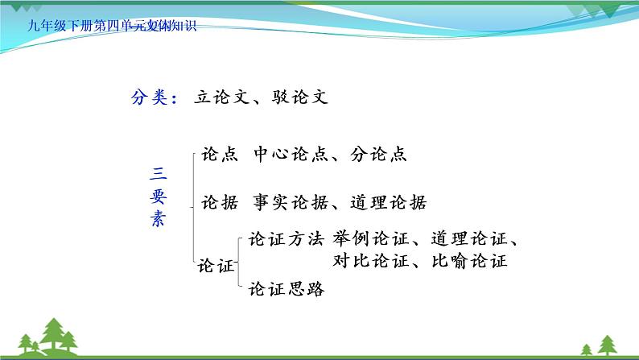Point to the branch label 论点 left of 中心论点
coord(219,155)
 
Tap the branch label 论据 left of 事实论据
coord(219,203)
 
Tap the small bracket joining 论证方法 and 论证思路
coord(241,265)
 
